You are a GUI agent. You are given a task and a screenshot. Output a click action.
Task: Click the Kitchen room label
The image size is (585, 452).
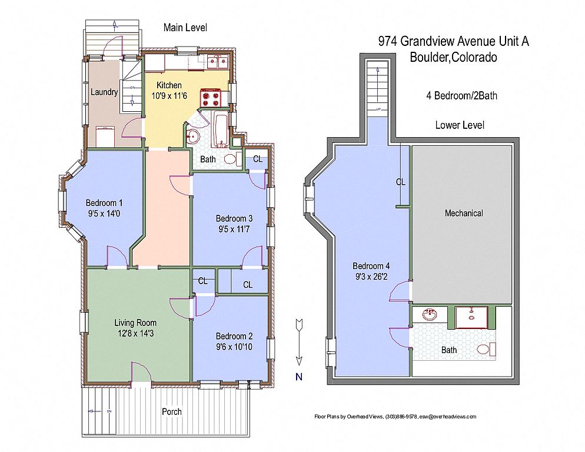click(x=169, y=85)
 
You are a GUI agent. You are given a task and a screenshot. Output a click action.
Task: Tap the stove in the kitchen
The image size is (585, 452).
click(x=211, y=98)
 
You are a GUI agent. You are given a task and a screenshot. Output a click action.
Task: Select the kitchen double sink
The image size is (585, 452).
click(x=218, y=62)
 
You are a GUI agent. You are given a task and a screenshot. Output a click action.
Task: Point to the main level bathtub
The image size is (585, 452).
click(x=221, y=129)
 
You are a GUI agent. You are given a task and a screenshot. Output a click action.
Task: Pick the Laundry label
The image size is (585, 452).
click(x=104, y=92)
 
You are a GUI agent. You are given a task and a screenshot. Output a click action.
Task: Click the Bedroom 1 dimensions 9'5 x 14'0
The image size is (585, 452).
click(x=104, y=214)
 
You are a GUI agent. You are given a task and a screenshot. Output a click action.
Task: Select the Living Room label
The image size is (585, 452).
click(x=135, y=323)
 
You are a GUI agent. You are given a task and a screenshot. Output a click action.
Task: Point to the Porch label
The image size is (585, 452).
click(x=172, y=412)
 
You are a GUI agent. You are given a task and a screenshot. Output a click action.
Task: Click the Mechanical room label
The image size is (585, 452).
click(x=464, y=213)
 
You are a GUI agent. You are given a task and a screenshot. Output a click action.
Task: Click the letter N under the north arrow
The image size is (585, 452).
click(x=299, y=377)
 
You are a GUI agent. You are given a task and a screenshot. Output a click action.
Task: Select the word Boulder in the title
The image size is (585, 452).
click(x=429, y=57)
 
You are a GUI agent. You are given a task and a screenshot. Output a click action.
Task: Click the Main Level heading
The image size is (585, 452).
click(x=185, y=28)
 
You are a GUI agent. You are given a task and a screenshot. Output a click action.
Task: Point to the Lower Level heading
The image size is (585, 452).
click(x=460, y=125)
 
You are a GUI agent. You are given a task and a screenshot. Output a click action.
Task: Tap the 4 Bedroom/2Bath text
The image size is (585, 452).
click(x=462, y=95)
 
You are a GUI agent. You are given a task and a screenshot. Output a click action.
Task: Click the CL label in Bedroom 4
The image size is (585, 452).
click(x=400, y=182)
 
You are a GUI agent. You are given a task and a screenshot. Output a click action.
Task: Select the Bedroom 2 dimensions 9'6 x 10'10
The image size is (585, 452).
click(x=234, y=347)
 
